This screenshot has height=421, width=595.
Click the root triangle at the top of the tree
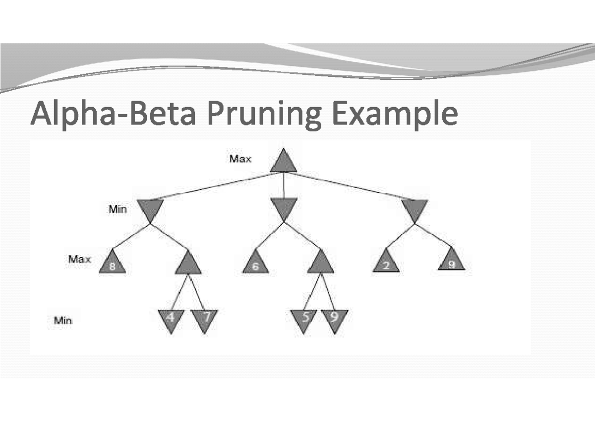pyautogui.click(x=284, y=163)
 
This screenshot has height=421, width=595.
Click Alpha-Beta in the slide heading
pyautogui.click(x=114, y=113)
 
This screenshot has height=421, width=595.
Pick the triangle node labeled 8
pyautogui.click(x=113, y=262)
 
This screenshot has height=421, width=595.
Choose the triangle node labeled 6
pyautogui.click(x=255, y=262)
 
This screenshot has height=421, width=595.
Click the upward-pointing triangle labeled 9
pyautogui.click(x=452, y=260)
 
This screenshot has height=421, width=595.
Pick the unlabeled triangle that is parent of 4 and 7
pyautogui.click(x=188, y=264)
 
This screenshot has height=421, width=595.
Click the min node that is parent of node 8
pyautogui.click(x=150, y=210)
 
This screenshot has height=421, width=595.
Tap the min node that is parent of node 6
pyautogui.click(x=284, y=208)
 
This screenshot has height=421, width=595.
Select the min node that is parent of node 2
pyautogui.click(x=415, y=210)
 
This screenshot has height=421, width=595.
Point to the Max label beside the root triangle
pyautogui.click(x=240, y=159)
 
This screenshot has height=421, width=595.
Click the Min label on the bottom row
pyautogui.click(x=63, y=321)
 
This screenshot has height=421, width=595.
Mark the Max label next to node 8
pyautogui.click(x=80, y=259)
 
